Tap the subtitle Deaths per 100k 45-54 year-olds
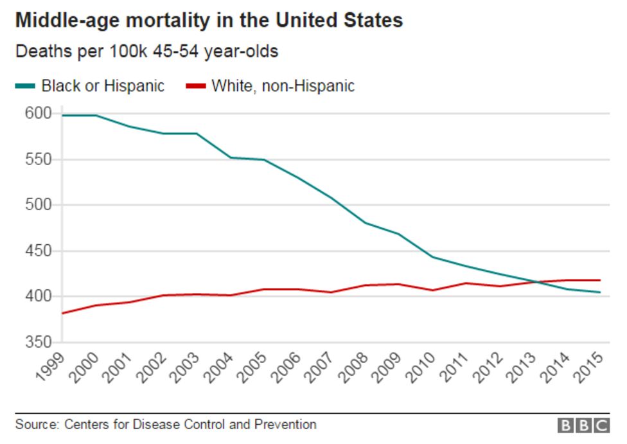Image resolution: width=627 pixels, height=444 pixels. (146, 51)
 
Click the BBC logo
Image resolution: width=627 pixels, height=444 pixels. (583, 425)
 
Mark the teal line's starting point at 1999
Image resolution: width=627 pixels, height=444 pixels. (62, 115)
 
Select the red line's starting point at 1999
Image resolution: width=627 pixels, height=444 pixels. (62, 313)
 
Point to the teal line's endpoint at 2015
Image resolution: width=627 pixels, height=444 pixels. (600, 292)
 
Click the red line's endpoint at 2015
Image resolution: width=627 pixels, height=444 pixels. (600, 280)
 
